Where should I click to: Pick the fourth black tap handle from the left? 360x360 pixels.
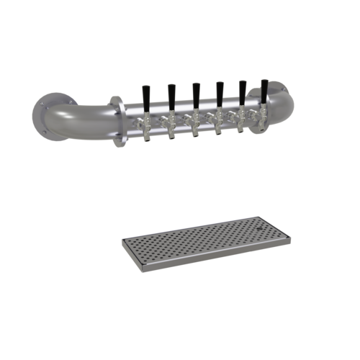point(219,91)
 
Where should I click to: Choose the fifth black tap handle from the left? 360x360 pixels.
point(242,90)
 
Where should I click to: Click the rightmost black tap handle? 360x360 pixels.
point(264,89)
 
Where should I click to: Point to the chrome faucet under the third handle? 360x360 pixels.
point(194,125)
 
